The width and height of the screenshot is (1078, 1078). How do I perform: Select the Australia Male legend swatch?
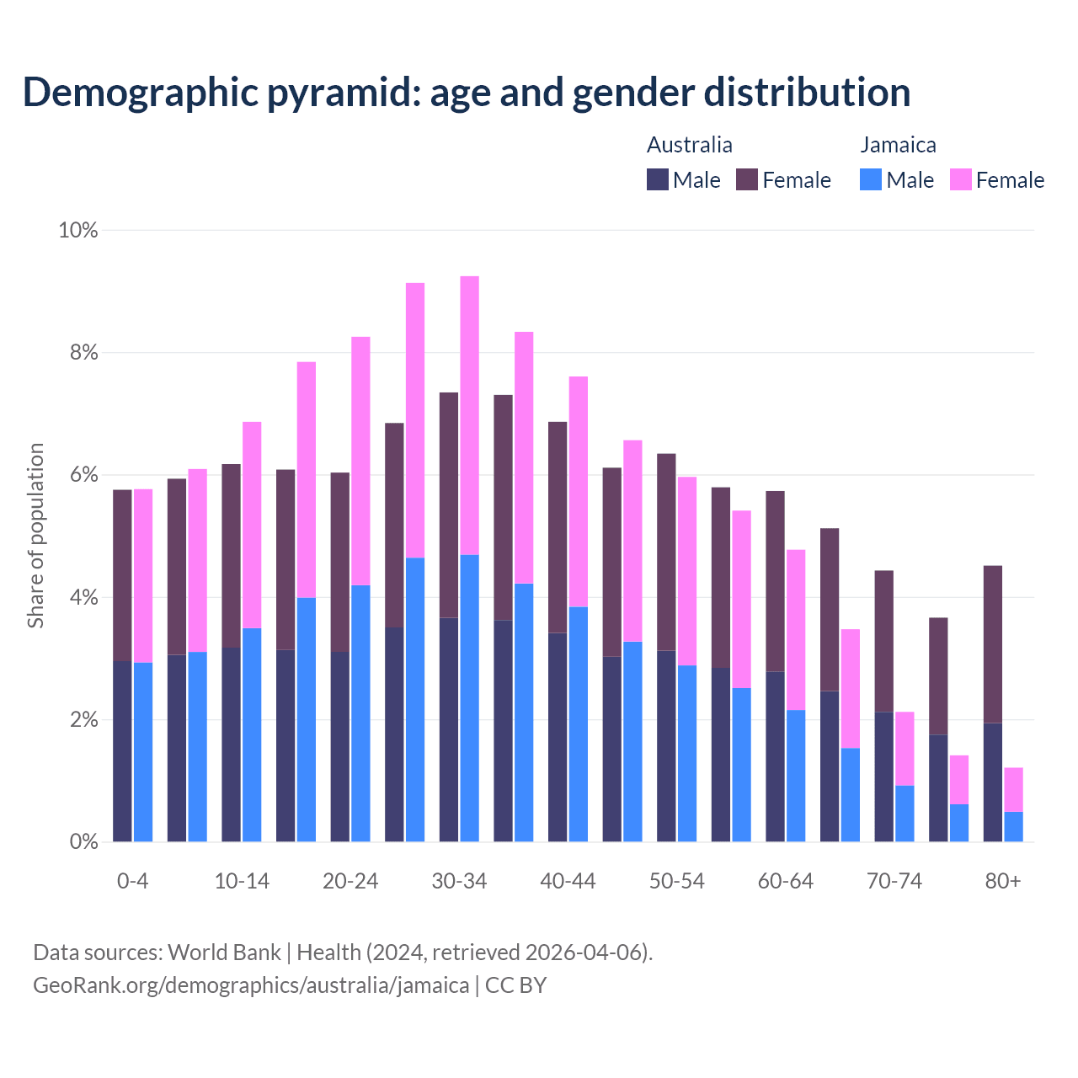(658, 179)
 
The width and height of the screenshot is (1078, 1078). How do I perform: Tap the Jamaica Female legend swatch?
(961, 179)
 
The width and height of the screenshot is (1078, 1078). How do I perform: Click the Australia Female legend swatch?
(747, 179)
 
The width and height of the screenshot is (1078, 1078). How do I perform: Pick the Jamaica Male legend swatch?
(871, 179)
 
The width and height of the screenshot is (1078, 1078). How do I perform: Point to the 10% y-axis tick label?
(77, 230)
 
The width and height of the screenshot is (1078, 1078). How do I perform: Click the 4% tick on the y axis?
(83, 598)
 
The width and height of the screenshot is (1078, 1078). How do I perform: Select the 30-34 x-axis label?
(459, 881)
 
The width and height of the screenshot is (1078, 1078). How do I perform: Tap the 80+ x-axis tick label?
(1003, 881)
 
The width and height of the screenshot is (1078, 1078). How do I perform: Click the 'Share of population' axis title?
(35, 536)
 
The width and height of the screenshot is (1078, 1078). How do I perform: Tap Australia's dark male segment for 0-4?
(122, 751)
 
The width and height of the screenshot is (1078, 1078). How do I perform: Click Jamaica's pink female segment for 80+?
(1014, 789)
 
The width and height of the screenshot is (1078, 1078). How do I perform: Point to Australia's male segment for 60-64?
(775, 756)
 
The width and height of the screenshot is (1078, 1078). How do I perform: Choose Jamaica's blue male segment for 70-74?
(905, 814)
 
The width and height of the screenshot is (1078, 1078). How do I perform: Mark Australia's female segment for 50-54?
(666, 552)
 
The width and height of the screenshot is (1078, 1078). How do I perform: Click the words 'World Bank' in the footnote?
(224, 953)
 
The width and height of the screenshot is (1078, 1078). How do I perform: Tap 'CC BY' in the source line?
(515, 985)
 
